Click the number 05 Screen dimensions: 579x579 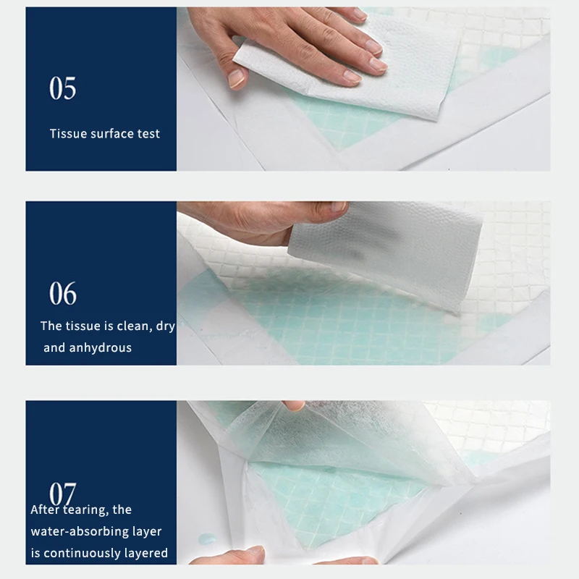point(62,88)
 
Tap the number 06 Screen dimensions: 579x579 point(62,294)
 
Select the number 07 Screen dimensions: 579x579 point(62,494)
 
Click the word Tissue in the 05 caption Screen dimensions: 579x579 point(67,133)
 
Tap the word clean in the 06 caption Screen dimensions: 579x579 point(130,326)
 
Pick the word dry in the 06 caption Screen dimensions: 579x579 point(165,327)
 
